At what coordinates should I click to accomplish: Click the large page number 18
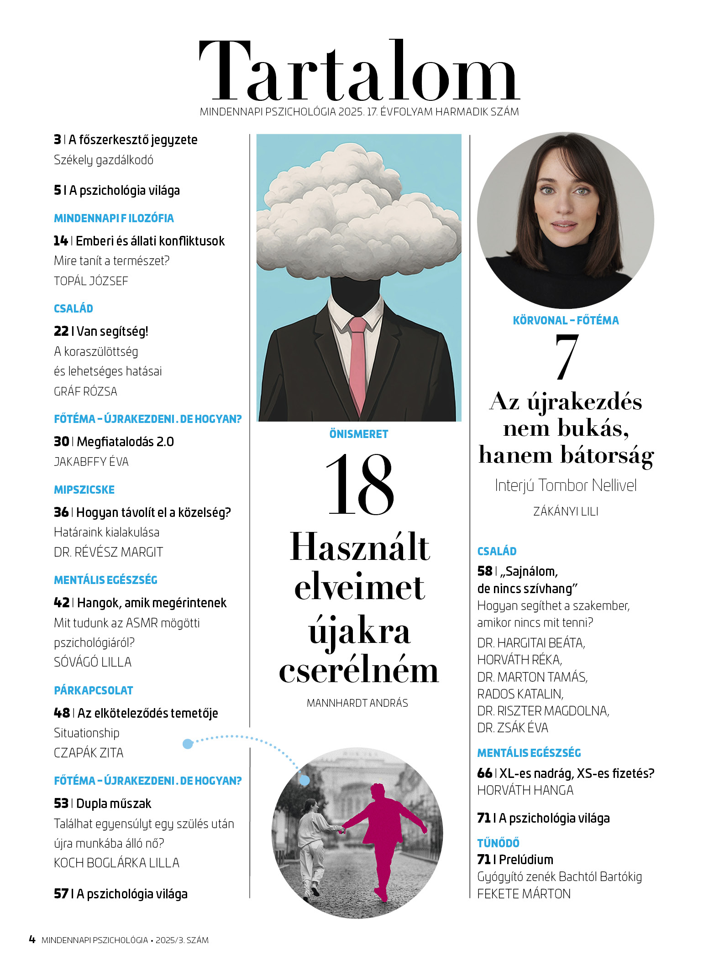click(360, 485)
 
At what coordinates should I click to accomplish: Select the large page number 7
click(567, 356)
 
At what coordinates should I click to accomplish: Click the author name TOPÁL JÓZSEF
click(91, 281)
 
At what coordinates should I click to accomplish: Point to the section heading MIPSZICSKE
click(84, 490)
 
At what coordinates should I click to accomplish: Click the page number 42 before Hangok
click(61, 603)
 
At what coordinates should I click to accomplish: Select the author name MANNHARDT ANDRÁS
click(357, 703)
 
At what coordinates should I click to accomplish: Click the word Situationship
click(86, 733)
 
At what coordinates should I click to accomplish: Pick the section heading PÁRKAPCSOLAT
click(94, 691)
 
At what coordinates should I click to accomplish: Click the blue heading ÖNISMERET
click(359, 434)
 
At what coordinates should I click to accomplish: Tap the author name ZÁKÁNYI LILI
click(566, 511)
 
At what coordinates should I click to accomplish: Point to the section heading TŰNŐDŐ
click(498, 843)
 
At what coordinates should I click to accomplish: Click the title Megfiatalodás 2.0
click(125, 442)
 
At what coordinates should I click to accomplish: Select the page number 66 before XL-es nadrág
click(484, 773)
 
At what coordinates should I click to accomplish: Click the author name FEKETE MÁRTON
click(524, 894)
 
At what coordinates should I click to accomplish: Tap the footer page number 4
click(32, 939)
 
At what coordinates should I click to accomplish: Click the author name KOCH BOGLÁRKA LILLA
click(116, 863)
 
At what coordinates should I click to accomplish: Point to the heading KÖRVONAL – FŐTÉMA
click(566, 321)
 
